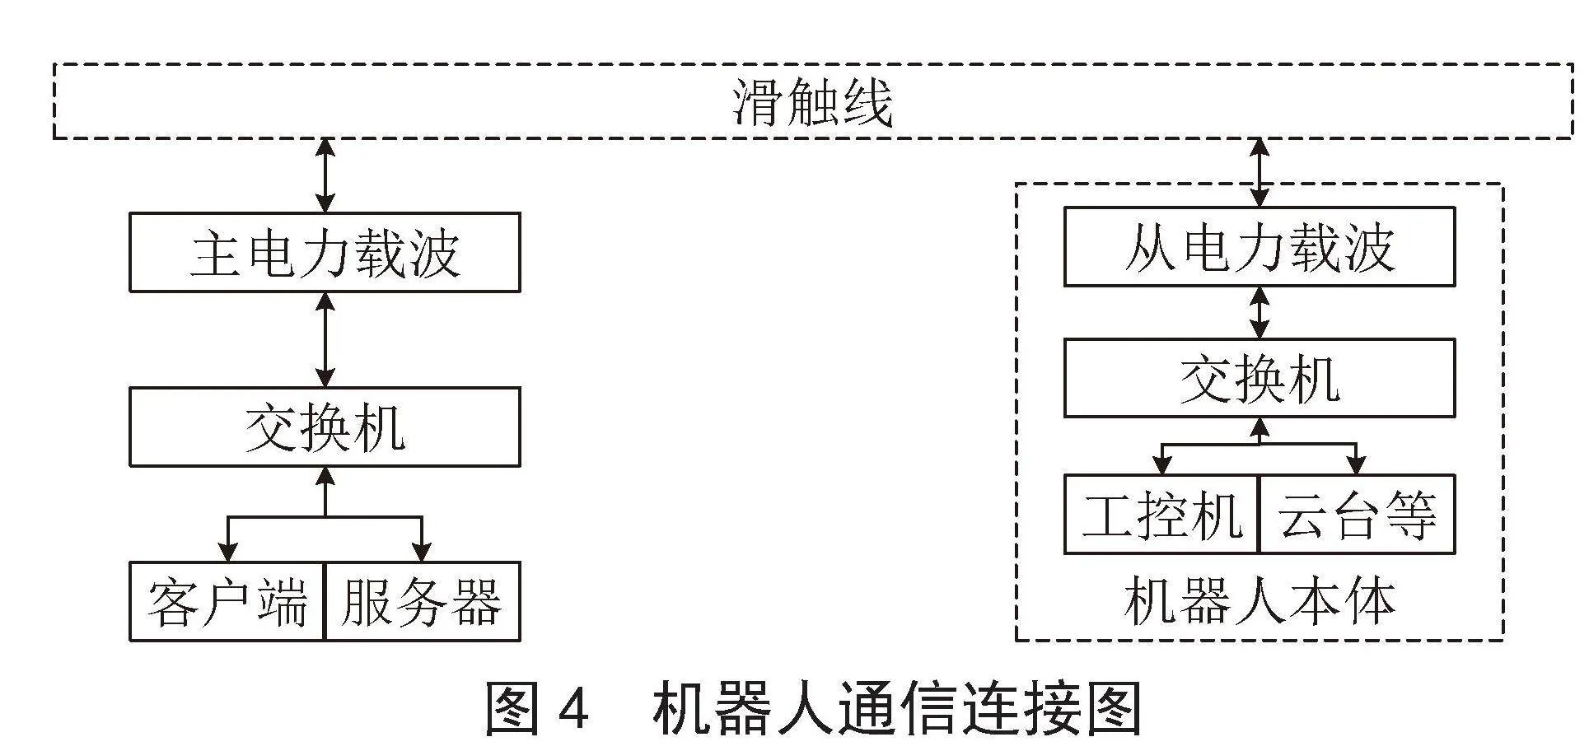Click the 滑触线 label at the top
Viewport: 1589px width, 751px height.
click(x=813, y=103)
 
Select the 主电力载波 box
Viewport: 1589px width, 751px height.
click(x=325, y=252)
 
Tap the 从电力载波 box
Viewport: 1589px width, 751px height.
click(x=1260, y=247)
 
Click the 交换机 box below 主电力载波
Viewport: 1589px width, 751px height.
click(x=325, y=427)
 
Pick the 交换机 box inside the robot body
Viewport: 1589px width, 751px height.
click(x=1260, y=378)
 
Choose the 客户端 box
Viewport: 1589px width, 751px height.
click(x=227, y=602)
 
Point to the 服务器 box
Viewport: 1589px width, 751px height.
click(x=423, y=602)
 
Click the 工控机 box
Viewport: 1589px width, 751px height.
click(x=1161, y=515)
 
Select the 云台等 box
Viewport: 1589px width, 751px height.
click(x=1358, y=515)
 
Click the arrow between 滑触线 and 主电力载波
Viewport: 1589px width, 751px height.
click(x=326, y=175)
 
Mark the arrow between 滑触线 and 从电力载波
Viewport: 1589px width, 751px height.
click(x=1260, y=172)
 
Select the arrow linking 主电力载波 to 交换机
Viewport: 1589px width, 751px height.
click(x=326, y=339)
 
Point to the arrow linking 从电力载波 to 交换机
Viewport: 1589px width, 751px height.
click(x=1260, y=312)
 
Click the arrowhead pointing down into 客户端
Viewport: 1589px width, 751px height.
click(x=228, y=552)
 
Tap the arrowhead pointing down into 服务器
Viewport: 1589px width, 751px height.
click(x=422, y=552)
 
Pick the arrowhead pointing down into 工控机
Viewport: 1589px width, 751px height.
click(x=1162, y=464)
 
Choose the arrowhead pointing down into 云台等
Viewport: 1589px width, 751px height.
click(x=1356, y=464)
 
